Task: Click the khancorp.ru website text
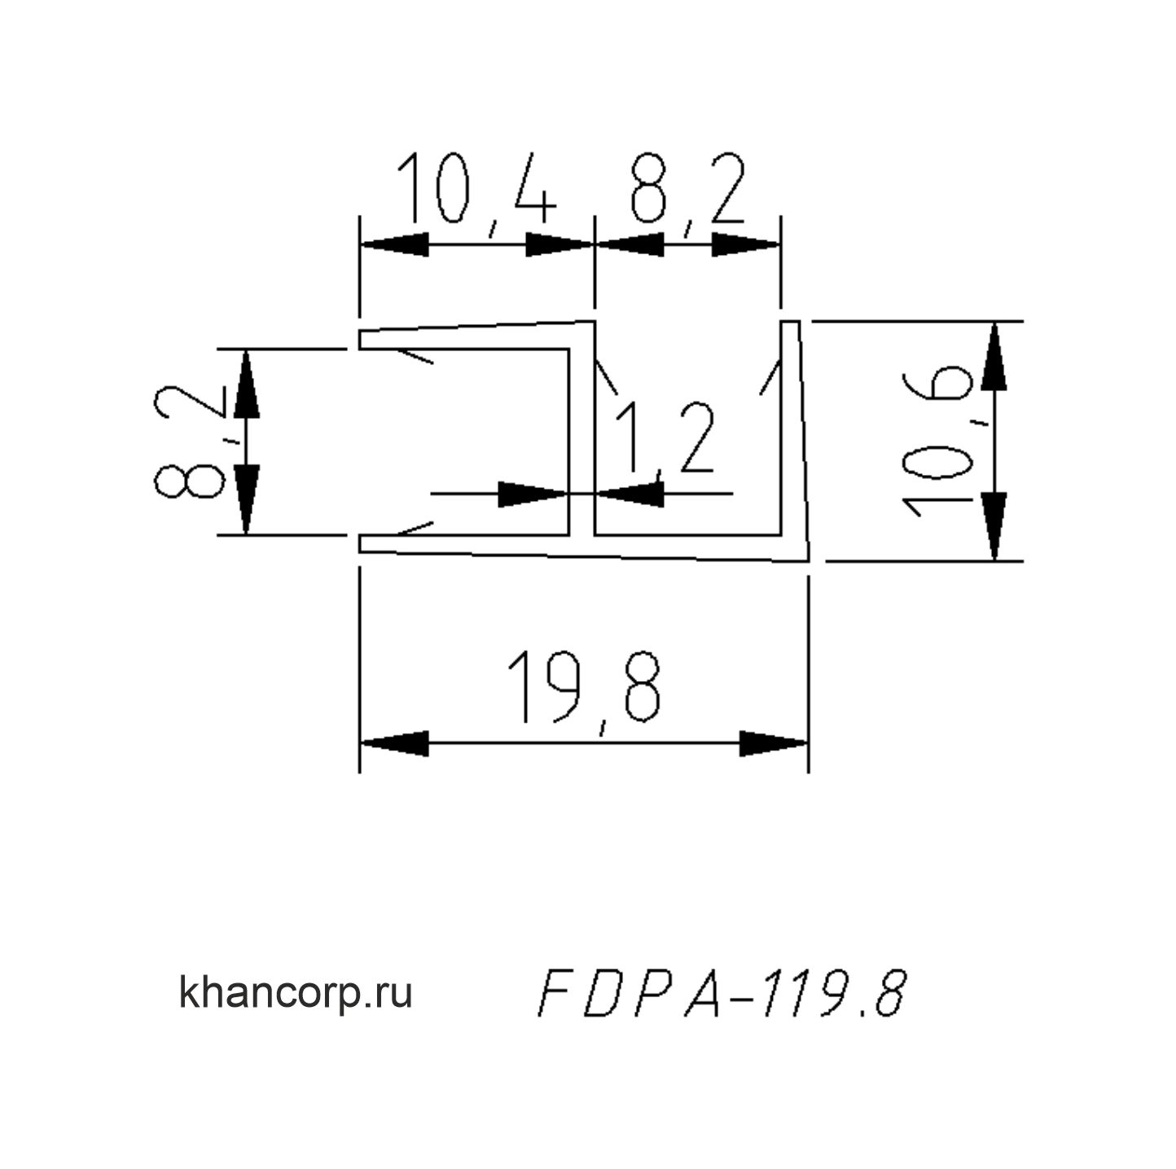coord(296,992)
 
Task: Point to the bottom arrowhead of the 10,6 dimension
coord(994,526)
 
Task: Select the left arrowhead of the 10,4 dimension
coord(394,244)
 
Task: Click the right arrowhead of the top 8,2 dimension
coord(746,244)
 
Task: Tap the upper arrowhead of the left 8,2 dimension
coord(246,384)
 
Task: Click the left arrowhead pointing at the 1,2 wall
coord(533,493)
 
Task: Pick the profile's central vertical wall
coord(581,440)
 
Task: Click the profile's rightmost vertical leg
coord(793,440)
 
